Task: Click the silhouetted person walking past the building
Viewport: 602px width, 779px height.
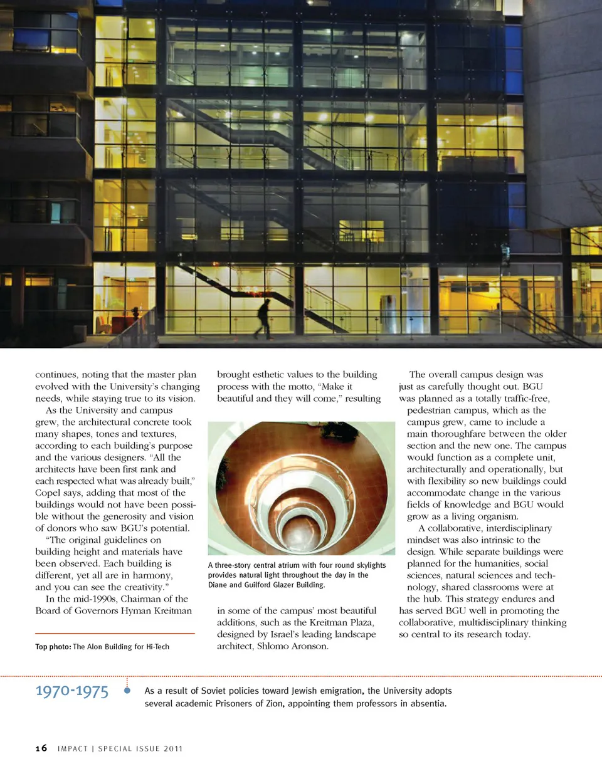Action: (x=264, y=318)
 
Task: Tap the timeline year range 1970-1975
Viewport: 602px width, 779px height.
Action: (x=71, y=691)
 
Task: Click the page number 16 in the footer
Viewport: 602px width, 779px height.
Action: (x=41, y=748)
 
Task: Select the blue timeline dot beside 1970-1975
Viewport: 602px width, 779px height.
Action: (x=127, y=691)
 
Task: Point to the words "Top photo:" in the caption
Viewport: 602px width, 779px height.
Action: (x=53, y=647)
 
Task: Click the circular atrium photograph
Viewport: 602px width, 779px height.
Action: (x=301, y=488)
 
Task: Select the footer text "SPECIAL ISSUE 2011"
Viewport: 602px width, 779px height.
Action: (x=140, y=748)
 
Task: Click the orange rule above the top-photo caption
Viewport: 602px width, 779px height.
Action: (x=115, y=634)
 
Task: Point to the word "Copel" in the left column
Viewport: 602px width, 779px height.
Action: (x=48, y=493)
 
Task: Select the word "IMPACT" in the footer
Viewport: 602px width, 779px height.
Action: (x=72, y=748)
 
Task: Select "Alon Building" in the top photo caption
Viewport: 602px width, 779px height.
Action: (x=108, y=647)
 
